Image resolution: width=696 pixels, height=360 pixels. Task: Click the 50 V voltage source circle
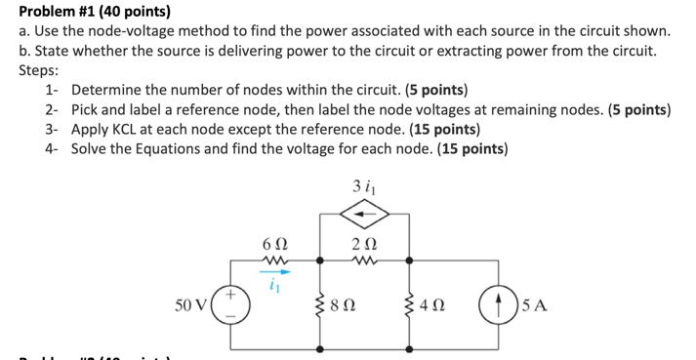[x=232, y=303]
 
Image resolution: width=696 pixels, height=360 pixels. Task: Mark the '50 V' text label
[x=191, y=303]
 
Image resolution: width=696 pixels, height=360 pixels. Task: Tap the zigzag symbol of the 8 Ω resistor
[x=321, y=304]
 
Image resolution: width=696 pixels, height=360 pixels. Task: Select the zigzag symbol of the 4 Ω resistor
[x=409, y=304]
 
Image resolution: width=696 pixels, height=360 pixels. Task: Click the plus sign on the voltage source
[x=232, y=292]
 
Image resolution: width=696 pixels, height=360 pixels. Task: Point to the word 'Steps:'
[x=39, y=70]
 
